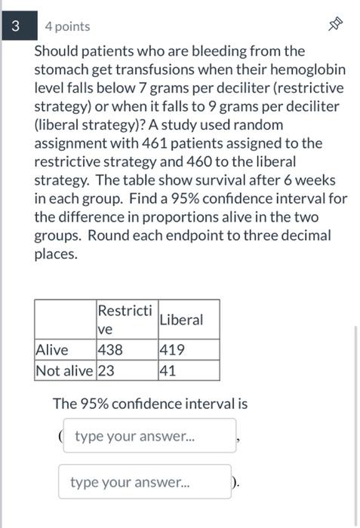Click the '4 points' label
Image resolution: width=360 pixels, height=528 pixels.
pyautogui.click(x=67, y=26)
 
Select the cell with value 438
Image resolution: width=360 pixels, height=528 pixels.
pyautogui.click(x=109, y=350)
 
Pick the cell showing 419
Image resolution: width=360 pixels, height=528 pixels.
pyautogui.click(x=171, y=350)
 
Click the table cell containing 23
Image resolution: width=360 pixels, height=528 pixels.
pyautogui.click(x=105, y=370)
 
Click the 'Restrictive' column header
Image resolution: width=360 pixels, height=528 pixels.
pyautogui.click(x=125, y=319)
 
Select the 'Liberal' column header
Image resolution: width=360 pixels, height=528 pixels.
pyautogui.click(x=181, y=319)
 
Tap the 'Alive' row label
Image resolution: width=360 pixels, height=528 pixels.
pyautogui.click(x=52, y=350)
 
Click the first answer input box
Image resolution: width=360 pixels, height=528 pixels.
pyautogui.click(x=149, y=437)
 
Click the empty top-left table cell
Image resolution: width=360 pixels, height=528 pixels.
pyautogui.click(x=65, y=319)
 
